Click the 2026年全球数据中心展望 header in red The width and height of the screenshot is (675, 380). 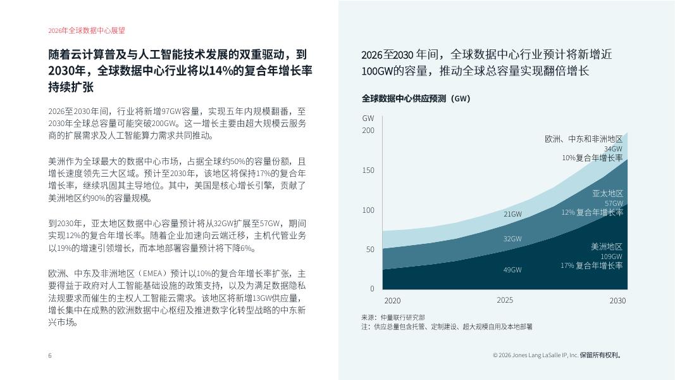pyautogui.click(x=82, y=30)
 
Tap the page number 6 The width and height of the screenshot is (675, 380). pyautogui.click(x=50, y=355)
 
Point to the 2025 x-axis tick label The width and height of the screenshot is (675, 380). pyautogui.click(x=505, y=300)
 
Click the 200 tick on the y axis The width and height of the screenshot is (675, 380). pyautogui.click(x=368, y=130)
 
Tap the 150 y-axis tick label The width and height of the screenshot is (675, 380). pyautogui.click(x=368, y=170)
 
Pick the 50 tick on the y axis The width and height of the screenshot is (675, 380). pyautogui.click(x=370, y=250)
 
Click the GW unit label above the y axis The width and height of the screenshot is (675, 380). pyautogui.click(x=368, y=118)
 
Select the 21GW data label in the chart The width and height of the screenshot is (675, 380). pyautogui.click(x=512, y=214)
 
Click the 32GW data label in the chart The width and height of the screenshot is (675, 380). pyautogui.click(x=512, y=239)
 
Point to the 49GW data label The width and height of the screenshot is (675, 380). pyautogui.click(x=512, y=270)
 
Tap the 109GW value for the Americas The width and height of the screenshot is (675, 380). pyautogui.click(x=612, y=256)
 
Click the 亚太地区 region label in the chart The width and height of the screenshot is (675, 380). pyautogui.click(x=607, y=193)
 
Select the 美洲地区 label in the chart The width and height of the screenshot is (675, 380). pyautogui.click(x=607, y=246)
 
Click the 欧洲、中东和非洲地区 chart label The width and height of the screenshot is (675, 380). pyautogui.click(x=584, y=139)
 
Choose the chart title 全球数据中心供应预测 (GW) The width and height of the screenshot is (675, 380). pyautogui.click(x=416, y=99)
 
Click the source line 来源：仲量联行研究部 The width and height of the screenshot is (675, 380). pyautogui.click(x=393, y=317)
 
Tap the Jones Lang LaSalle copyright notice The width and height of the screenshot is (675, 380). pyautogui.click(x=557, y=355)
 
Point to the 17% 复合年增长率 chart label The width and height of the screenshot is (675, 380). pyautogui.click(x=591, y=266)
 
